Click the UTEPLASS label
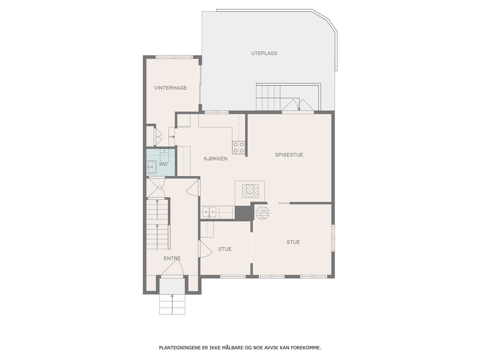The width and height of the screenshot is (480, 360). pyautogui.click(x=264, y=53)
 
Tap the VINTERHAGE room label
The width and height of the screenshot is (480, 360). pyautogui.click(x=170, y=88)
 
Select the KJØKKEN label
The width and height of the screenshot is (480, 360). pyautogui.click(x=215, y=159)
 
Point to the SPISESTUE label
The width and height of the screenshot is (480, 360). pyautogui.click(x=289, y=155)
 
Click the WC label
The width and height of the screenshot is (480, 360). pyautogui.click(x=163, y=164)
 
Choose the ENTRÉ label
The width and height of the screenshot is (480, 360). pyautogui.click(x=172, y=258)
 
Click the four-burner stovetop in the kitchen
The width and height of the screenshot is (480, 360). pyautogui.click(x=239, y=147)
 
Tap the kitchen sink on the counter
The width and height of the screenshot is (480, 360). pyautogui.click(x=209, y=212)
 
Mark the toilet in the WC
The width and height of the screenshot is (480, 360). pyautogui.click(x=165, y=155)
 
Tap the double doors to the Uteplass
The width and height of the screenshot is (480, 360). pyautogui.click(x=298, y=106)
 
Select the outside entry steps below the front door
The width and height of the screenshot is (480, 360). pyautogui.click(x=172, y=304)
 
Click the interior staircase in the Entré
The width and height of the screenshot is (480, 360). pyautogui.click(x=157, y=223)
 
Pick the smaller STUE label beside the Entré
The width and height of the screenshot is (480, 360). pyautogui.click(x=225, y=249)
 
